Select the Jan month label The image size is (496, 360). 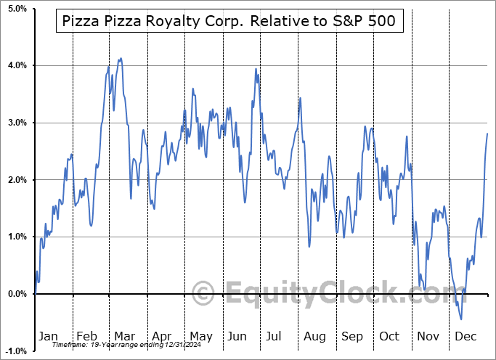[x=48, y=336]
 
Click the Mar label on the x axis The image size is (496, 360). [x=124, y=336]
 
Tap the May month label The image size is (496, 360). [x=200, y=336]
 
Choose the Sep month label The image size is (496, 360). [x=352, y=336]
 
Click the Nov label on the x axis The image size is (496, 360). [x=428, y=336]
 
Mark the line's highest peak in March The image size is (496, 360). [x=121, y=58]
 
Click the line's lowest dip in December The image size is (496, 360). [x=461, y=319]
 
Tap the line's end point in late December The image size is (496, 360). [x=487, y=134]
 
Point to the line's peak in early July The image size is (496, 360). [x=256, y=69]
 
